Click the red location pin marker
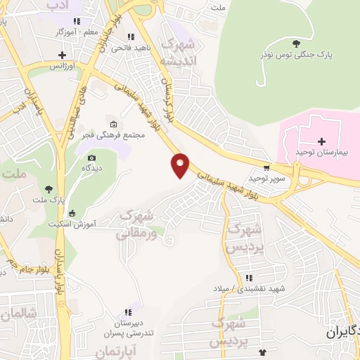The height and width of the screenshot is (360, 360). click(181, 165)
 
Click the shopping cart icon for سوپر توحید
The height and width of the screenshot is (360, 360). click(266, 168)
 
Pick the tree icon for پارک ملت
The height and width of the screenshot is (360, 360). click(49, 188)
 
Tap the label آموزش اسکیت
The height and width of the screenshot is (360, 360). click(72, 225)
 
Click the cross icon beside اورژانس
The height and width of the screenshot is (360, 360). click(63, 54)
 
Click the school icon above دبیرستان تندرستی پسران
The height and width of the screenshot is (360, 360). click(128, 312)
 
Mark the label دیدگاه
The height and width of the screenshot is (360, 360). click(92, 169)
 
